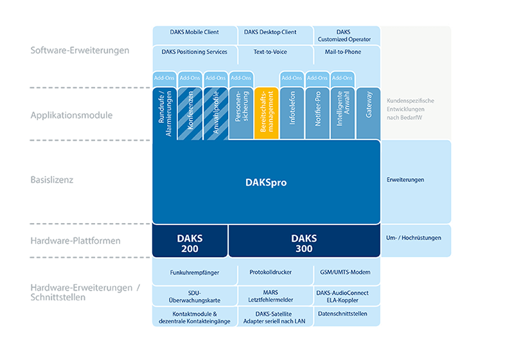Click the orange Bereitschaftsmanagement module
tap(267, 113)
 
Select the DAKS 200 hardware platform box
tap(190, 241)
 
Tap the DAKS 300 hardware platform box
tap(304, 241)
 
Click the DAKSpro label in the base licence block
tap(266, 183)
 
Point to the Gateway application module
tap(368, 113)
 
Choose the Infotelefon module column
tap(292, 113)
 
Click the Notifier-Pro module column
tap(317, 113)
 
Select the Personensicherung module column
tap(242, 113)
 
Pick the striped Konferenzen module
tap(190, 114)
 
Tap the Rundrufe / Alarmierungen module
tap(164, 114)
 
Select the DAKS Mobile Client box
tap(195, 35)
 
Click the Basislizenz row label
tap(52, 179)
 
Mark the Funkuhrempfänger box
tap(195, 272)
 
